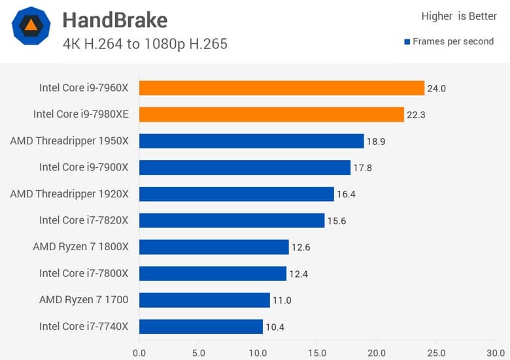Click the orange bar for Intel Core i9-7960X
coord(282,88)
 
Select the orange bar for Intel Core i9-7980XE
coord(271,114)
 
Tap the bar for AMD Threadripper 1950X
coord(251,141)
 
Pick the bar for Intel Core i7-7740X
coord(201,327)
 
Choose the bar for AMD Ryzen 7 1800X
coord(214,247)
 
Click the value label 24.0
coord(436,88)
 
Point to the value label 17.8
coord(362,168)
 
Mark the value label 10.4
coord(275,327)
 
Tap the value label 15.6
coord(336,221)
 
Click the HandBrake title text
coord(115,21)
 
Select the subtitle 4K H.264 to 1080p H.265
coord(145,44)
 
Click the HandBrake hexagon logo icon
coord(31,26)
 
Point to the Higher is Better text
coord(459,16)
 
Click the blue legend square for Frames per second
coord(407,41)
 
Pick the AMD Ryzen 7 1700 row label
coord(84,300)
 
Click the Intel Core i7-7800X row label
coord(84,273)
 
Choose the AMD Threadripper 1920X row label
coord(69,194)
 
